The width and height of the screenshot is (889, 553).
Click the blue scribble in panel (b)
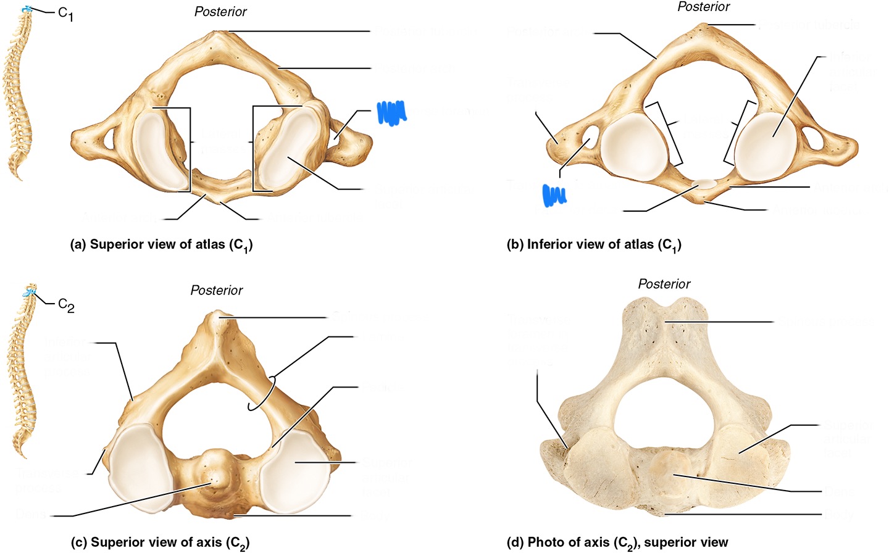click(554, 194)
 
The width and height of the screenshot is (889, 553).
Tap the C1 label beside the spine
click(65, 13)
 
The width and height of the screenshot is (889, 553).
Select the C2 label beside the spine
click(66, 305)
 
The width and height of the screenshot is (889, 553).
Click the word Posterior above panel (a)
click(220, 12)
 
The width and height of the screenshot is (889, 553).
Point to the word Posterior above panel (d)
click(664, 284)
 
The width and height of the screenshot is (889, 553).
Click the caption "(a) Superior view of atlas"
click(162, 245)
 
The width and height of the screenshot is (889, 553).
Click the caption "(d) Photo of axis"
click(617, 543)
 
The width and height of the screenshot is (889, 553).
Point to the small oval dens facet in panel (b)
click(706, 183)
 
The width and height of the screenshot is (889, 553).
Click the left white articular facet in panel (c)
click(139, 467)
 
